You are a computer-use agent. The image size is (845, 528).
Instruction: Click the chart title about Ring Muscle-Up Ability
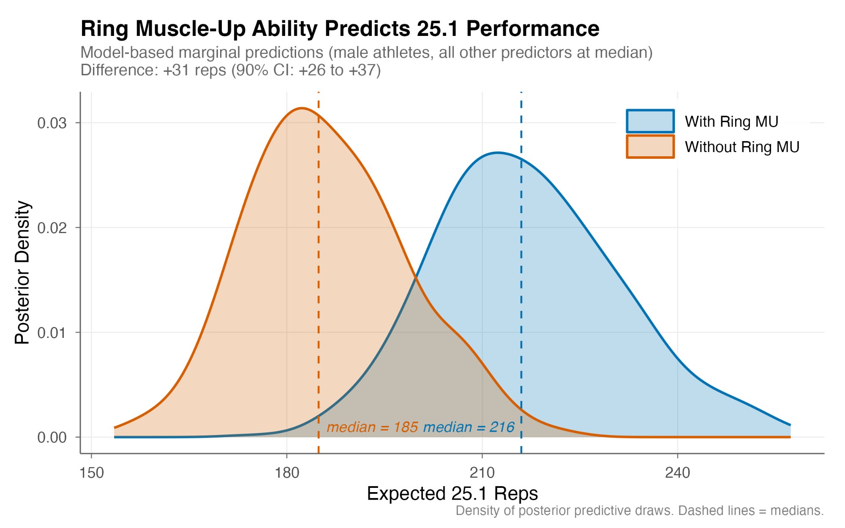point(340,29)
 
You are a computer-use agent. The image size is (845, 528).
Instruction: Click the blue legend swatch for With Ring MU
point(650,121)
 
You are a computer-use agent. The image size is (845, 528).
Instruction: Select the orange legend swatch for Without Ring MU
point(650,147)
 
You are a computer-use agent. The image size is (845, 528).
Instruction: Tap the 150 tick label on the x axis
point(91,473)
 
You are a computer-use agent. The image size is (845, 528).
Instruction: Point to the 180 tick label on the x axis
point(287,473)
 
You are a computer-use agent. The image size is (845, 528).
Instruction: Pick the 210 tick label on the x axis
point(482,473)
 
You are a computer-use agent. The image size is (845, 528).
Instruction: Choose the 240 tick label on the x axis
point(677,473)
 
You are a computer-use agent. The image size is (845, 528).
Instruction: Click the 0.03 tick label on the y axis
point(52,123)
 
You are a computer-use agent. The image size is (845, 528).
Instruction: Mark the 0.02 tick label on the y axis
point(52,228)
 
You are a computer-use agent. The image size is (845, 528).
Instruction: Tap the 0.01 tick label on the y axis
point(52,332)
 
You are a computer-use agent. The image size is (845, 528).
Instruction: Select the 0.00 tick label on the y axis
point(52,437)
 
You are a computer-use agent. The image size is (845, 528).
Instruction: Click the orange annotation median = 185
point(372,427)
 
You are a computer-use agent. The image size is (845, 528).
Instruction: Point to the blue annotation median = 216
point(469,427)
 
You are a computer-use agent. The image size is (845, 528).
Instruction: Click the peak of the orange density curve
point(301,108)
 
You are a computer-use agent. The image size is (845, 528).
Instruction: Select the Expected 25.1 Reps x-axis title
point(452,493)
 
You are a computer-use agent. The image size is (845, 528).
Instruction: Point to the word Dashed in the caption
point(702,511)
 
